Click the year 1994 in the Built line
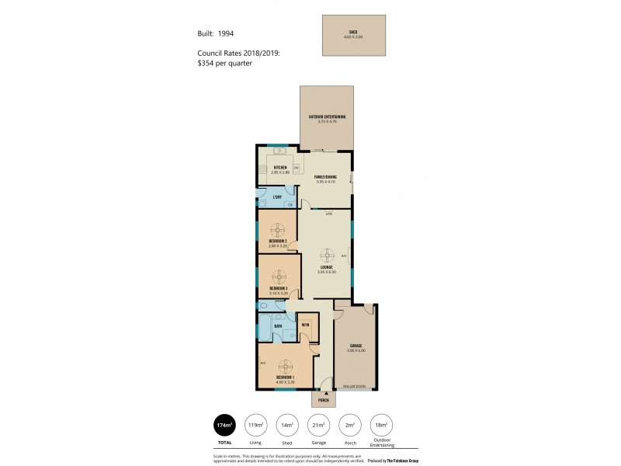tap(224, 33)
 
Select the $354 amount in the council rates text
tap(207, 63)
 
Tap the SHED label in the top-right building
tap(353, 33)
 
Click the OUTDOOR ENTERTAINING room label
tap(327, 116)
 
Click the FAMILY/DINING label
tap(325, 177)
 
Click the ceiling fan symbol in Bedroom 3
tap(279, 276)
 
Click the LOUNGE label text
tap(325, 267)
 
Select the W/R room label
tap(306, 325)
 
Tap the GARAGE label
tap(356, 346)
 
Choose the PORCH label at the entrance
tap(324, 401)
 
